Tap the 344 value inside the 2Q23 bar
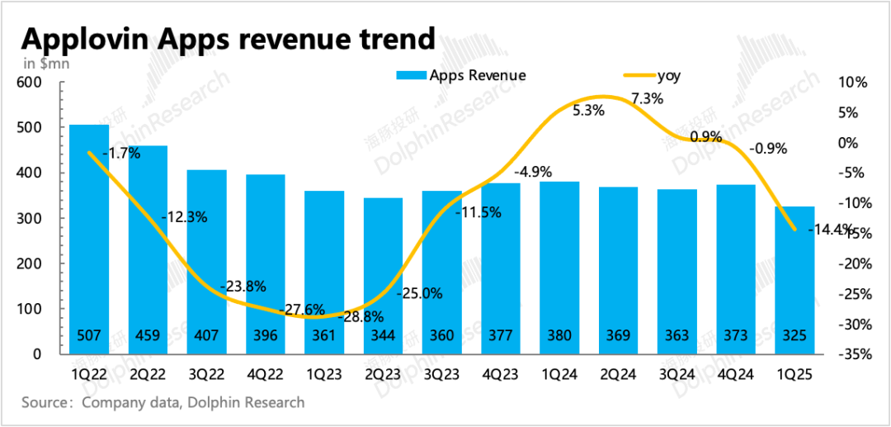click(x=382, y=336)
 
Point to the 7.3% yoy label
click(x=646, y=98)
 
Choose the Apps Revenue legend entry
click(x=477, y=76)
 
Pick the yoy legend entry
click(x=669, y=76)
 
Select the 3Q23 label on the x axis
click(x=441, y=373)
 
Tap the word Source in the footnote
click(x=43, y=403)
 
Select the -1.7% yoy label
click(x=120, y=153)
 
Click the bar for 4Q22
click(x=265, y=264)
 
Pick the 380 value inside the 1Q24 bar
click(x=559, y=336)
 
